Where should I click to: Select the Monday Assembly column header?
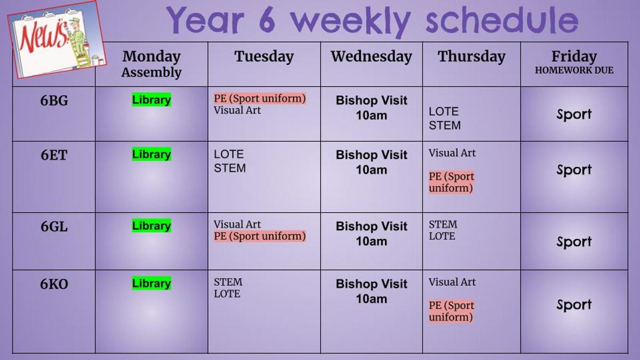tap(151, 64)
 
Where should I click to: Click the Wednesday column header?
tap(371, 57)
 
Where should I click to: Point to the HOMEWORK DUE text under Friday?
tap(574, 70)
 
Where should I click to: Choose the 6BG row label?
tap(54, 101)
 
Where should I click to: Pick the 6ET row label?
tap(54, 155)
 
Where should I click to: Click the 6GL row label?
tap(54, 227)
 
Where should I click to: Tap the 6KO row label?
tap(54, 284)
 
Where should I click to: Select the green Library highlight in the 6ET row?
tap(151, 154)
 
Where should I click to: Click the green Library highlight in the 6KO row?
tap(151, 283)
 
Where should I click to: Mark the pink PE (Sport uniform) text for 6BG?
tap(260, 98)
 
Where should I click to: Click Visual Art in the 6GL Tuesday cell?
tap(237, 225)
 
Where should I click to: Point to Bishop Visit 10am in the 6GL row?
tap(371, 234)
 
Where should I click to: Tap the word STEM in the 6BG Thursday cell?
tap(445, 125)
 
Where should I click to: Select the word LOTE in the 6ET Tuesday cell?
tap(229, 154)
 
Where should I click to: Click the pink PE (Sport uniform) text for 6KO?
tap(451, 311)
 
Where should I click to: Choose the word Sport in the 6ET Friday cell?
tap(574, 170)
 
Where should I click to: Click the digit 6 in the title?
tap(267, 20)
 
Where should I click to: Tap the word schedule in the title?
tap(502, 20)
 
